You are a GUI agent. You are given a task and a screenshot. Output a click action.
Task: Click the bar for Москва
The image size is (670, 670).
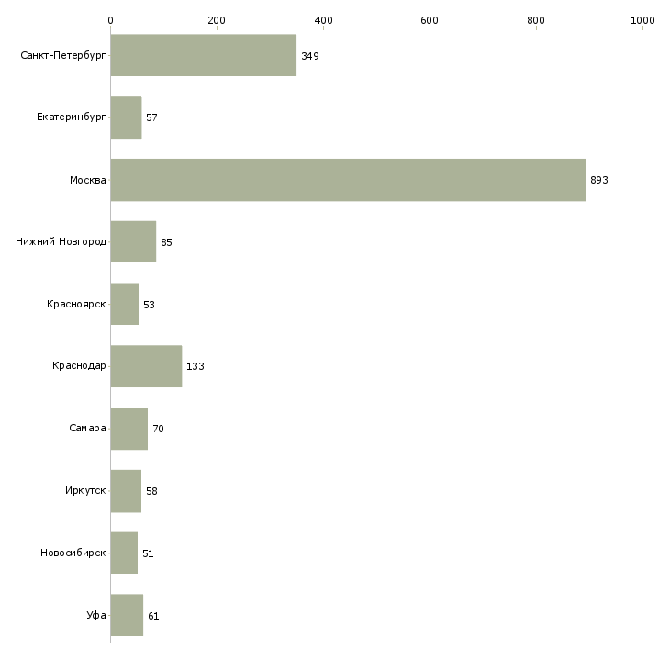click(348, 180)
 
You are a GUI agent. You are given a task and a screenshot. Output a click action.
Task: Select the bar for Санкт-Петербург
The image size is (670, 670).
click(204, 55)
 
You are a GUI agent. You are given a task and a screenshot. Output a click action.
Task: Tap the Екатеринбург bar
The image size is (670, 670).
click(126, 117)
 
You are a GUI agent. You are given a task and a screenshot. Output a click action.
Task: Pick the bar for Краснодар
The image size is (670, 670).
click(146, 366)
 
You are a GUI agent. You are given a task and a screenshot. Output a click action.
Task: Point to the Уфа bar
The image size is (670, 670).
click(127, 615)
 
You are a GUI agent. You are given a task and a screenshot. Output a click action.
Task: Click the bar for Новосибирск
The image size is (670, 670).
click(124, 553)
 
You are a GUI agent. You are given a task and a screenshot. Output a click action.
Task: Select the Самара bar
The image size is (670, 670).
click(129, 429)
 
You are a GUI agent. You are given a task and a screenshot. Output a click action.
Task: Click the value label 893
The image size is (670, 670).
click(599, 180)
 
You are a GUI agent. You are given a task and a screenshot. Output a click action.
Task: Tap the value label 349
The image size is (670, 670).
click(310, 56)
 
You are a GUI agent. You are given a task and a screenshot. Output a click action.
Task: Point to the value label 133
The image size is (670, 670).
click(195, 366)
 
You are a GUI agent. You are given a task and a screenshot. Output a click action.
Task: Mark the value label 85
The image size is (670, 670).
click(166, 242)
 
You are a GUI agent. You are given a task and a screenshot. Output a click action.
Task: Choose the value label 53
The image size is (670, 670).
click(149, 305)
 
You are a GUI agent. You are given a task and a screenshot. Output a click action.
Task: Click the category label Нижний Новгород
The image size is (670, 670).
click(61, 242)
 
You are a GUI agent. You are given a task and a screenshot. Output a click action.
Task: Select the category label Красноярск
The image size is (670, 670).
click(76, 304)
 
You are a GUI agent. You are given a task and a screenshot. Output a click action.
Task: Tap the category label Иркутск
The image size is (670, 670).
click(85, 490)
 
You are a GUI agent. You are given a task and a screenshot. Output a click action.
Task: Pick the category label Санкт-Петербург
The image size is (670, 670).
click(63, 56)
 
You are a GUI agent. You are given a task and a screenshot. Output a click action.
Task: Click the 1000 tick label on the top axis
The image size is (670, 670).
click(642, 20)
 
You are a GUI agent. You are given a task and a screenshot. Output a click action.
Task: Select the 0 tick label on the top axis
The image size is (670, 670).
click(111, 20)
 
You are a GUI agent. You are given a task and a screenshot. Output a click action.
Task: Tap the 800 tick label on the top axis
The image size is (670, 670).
click(536, 20)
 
